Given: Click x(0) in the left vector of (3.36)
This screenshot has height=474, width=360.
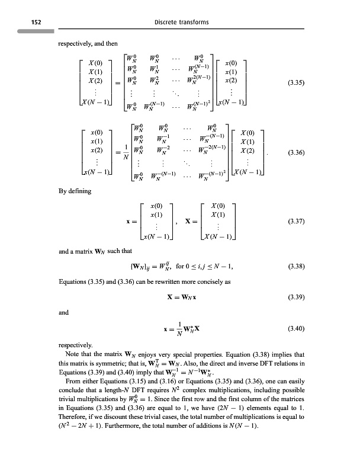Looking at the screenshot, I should click(95, 130).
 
